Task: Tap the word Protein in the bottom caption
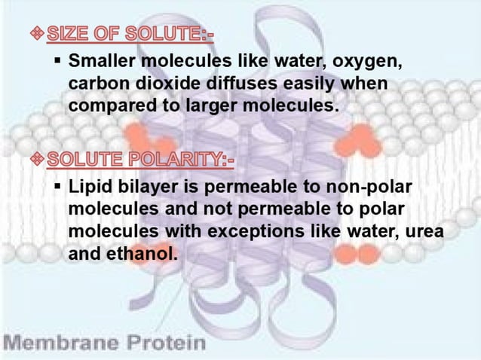(164, 343)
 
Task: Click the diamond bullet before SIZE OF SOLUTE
(38, 35)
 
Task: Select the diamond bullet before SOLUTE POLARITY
(38, 160)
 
